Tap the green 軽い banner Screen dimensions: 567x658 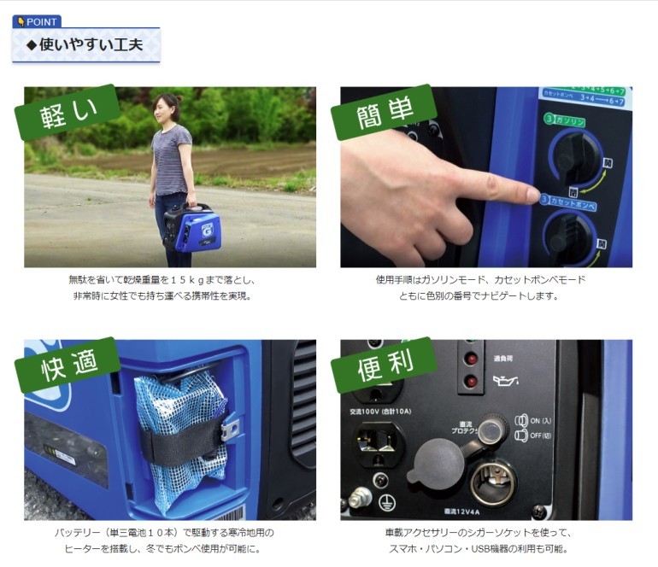[68, 112]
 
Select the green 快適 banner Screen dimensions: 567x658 [66, 365]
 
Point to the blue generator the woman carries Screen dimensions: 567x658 [194, 227]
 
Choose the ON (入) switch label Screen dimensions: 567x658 [538, 421]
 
